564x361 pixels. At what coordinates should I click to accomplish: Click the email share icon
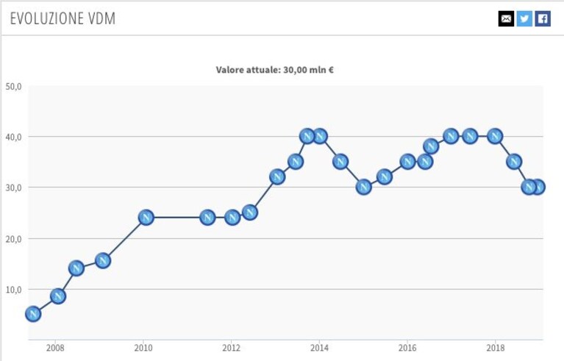tap(506, 18)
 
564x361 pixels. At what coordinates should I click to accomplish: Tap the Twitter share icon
tap(524, 18)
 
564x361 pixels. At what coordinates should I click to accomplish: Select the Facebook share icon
tap(543, 18)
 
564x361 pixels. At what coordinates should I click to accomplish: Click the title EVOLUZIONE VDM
tap(63, 18)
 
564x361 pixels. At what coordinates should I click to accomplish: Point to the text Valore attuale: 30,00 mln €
tap(275, 69)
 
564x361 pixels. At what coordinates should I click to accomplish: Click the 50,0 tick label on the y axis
tap(14, 86)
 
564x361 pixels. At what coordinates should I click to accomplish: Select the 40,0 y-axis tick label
tap(14, 137)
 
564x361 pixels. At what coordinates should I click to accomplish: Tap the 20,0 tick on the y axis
tap(14, 239)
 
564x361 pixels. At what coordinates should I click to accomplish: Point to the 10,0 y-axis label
tap(14, 290)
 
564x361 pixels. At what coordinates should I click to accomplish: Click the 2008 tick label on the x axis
tap(55, 348)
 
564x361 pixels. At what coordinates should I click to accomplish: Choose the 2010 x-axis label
tap(143, 348)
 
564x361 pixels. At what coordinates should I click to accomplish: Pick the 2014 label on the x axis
tap(319, 348)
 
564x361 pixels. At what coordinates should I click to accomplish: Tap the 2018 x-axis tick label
tap(496, 348)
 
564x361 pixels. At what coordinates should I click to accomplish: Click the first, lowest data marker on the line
tap(33, 314)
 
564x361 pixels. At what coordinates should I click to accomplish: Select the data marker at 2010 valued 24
tap(146, 218)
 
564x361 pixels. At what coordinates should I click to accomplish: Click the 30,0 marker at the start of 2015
tap(364, 187)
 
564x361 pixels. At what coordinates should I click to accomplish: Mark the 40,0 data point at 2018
tap(495, 136)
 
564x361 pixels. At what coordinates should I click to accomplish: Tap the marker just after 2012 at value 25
tap(250, 212)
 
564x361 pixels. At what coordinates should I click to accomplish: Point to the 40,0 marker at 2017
tap(451, 136)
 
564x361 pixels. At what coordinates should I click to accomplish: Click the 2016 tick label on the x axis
tap(407, 348)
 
